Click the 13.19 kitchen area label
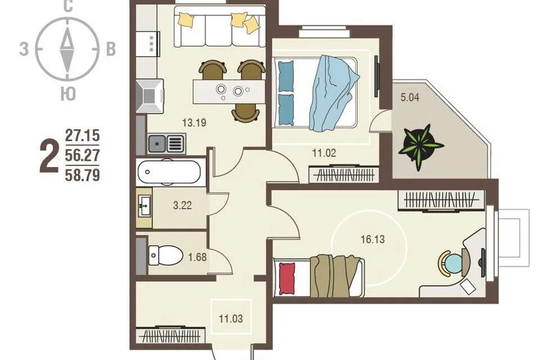click(x=194, y=123)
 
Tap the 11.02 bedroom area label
click(x=324, y=152)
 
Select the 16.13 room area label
click(x=372, y=239)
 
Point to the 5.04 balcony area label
click(x=410, y=97)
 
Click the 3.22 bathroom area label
click(x=182, y=206)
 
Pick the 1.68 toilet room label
click(x=197, y=257)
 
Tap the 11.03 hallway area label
click(x=231, y=319)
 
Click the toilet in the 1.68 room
click(x=165, y=255)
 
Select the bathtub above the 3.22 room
click(x=169, y=172)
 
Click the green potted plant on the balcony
click(x=420, y=146)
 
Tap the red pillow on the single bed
click(x=287, y=278)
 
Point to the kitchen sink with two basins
click(x=166, y=143)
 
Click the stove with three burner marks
click(x=148, y=44)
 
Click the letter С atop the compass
click(x=68, y=6)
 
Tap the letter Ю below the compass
click(x=68, y=93)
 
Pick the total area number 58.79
click(x=82, y=175)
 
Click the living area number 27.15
click(x=82, y=135)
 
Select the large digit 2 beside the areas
click(x=48, y=155)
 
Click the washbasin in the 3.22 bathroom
click(x=145, y=206)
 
